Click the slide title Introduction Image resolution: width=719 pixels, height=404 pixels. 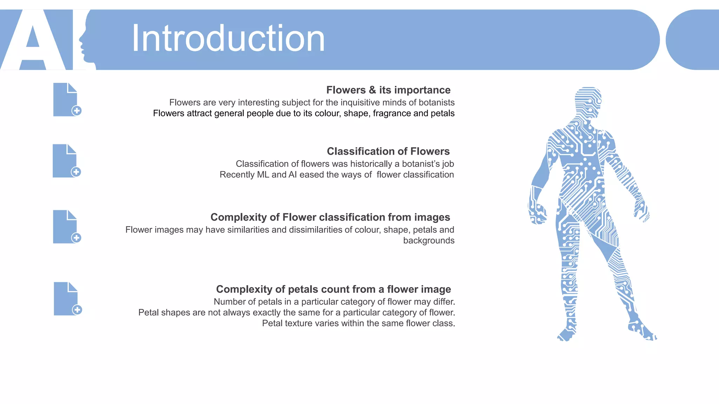(228, 39)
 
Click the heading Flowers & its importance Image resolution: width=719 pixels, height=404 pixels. (388, 90)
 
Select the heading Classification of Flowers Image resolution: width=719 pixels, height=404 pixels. (388, 151)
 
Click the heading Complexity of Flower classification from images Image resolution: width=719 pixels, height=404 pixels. (330, 217)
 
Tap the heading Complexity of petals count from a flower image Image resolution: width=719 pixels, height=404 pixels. (334, 289)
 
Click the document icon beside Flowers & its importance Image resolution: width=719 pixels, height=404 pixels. (66, 100)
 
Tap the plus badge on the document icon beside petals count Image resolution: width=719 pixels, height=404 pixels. (77, 310)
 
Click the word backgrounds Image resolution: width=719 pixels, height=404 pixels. (429, 241)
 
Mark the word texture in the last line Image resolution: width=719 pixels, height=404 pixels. (298, 323)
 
